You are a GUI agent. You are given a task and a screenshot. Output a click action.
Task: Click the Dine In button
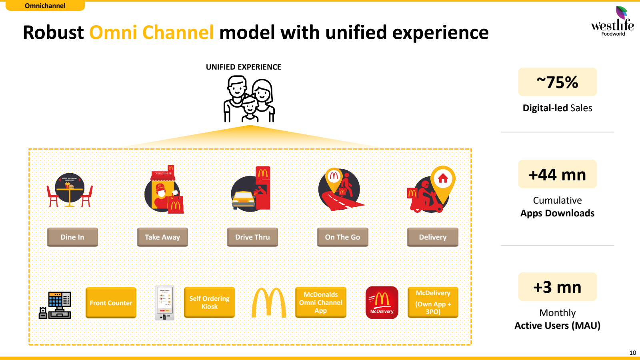click(72, 237)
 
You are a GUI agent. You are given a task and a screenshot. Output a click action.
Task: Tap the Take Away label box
click(162, 237)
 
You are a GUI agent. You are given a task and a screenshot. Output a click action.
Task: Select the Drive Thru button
click(252, 237)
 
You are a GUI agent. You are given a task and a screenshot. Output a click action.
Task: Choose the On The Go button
click(342, 237)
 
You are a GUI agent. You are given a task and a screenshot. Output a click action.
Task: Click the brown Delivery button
click(432, 237)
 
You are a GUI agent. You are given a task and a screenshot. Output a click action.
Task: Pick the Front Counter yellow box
click(111, 303)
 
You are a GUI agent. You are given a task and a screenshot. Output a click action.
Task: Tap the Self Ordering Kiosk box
click(209, 302)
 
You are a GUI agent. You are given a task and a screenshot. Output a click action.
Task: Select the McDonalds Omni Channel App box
click(320, 302)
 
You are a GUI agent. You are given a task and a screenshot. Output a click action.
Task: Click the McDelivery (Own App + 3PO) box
click(433, 302)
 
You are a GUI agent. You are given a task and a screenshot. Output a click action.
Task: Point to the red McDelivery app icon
click(382, 302)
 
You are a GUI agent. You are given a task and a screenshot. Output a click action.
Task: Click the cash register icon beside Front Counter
click(55, 305)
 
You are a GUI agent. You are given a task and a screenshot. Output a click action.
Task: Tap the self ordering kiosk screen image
click(165, 303)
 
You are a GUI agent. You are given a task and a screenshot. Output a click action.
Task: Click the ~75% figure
click(557, 82)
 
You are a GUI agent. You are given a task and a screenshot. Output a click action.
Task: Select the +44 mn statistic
click(557, 174)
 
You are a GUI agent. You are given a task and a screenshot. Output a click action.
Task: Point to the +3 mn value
click(557, 287)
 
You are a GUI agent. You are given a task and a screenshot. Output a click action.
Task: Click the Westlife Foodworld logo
click(612, 22)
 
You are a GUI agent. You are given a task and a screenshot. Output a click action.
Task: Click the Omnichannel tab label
click(45, 6)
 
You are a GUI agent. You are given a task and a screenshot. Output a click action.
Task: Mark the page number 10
click(632, 353)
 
